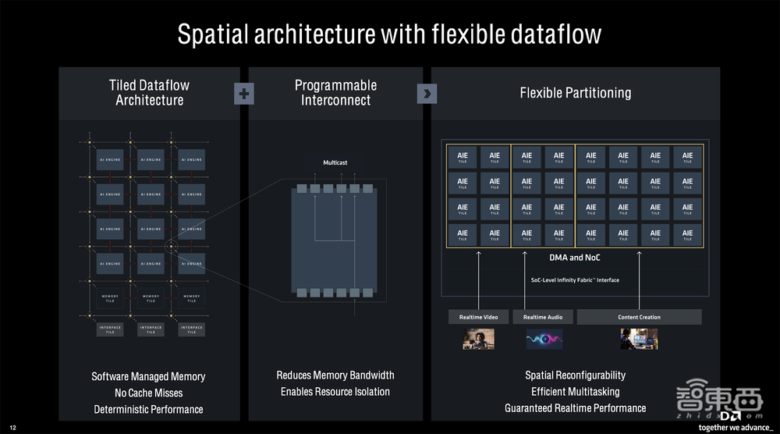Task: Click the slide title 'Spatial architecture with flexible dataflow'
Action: click(389, 34)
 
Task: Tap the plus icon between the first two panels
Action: click(244, 94)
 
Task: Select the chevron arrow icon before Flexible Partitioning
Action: click(427, 94)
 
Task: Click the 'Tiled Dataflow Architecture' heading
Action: click(149, 93)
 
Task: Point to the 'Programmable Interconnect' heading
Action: click(335, 93)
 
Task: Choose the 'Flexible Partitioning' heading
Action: click(576, 93)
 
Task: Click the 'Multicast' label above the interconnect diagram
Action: click(335, 163)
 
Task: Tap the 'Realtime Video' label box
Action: click(478, 317)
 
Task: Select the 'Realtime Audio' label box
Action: click(543, 317)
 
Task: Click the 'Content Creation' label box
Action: click(639, 317)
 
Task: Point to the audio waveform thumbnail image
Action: click(544, 339)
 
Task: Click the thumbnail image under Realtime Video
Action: click(478, 339)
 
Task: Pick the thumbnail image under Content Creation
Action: click(639, 339)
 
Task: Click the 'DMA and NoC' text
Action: click(576, 258)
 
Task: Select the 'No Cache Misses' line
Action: click(148, 393)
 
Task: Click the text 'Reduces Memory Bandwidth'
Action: click(335, 375)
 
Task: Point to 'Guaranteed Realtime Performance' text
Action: click(576, 408)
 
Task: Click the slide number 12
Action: click(12, 427)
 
